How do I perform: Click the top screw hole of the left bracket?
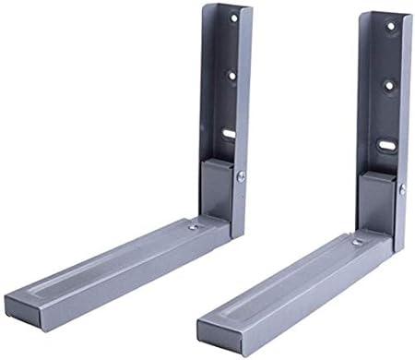click(233, 18)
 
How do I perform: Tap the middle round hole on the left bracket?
click(231, 75)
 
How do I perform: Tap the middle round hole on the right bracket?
click(388, 85)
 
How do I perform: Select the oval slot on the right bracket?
click(383, 146)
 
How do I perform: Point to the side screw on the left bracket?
click(241, 175)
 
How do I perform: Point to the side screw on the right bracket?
click(402, 189)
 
